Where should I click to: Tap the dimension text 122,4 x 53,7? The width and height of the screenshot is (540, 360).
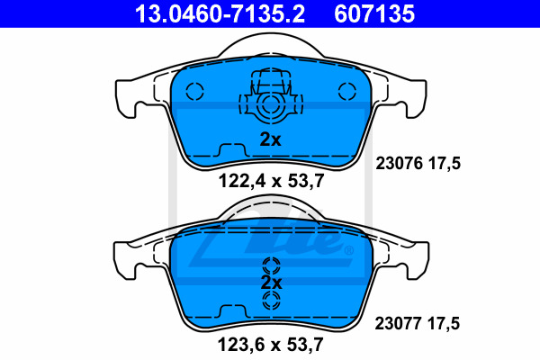tap(268, 180)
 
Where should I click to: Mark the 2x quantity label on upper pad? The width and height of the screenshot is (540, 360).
tap(270, 139)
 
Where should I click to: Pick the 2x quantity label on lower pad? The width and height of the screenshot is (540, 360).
tap(271, 282)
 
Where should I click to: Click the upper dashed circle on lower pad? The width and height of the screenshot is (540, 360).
tap(271, 266)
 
